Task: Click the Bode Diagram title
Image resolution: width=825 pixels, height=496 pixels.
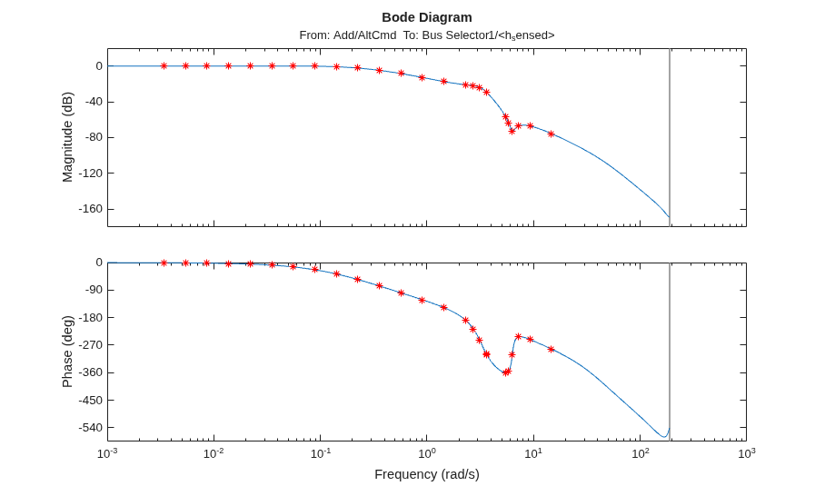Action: pos(427,17)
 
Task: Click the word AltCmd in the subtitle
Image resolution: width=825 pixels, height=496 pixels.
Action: pos(375,35)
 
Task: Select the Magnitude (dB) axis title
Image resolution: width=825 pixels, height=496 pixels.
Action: pos(67,137)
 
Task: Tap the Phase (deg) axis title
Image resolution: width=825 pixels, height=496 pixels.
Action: pos(67,352)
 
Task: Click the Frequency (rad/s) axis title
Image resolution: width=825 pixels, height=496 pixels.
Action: pos(427,474)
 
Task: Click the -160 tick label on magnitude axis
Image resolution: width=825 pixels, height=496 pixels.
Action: pos(91,209)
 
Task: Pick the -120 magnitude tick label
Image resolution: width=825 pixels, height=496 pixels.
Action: pos(91,173)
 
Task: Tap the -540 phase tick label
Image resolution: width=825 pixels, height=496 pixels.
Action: pos(91,428)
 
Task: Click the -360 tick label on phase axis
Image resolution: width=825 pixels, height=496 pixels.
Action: pos(91,372)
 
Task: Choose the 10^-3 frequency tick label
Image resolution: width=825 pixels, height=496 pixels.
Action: pos(108,452)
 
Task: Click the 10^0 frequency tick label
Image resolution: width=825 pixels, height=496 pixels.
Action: pos(427,452)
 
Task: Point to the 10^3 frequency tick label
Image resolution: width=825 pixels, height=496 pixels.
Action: pos(746,452)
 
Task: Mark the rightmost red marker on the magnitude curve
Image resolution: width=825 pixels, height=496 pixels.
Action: pos(551,134)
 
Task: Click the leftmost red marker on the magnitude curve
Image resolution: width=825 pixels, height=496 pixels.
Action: pos(164,65)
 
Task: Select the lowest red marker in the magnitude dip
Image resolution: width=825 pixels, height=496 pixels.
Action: pos(512,131)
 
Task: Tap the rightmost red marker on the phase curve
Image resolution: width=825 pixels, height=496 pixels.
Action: pos(551,349)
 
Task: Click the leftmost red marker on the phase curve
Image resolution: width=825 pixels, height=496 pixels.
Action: pos(164,263)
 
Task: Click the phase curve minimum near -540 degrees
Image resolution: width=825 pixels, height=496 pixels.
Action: pos(663,437)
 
